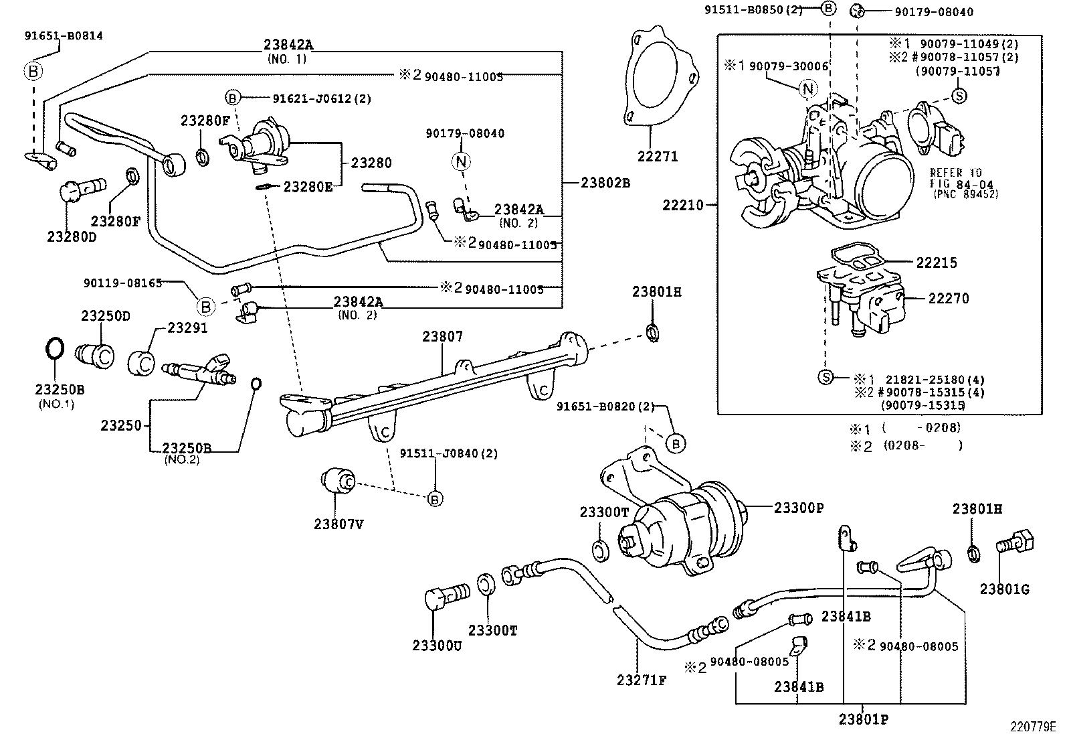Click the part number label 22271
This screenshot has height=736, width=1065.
[x=657, y=156]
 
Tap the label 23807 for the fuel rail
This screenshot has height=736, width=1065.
[x=442, y=337]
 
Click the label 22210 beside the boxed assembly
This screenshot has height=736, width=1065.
[x=683, y=205]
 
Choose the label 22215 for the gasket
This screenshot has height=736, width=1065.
[x=937, y=263]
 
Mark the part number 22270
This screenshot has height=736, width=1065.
[x=948, y=298]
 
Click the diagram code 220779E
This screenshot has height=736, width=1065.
[x=1032, y=726]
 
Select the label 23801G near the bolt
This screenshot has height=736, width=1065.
[x=1004, y=589]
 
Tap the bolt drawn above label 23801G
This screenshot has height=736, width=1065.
[x=1014, y=540]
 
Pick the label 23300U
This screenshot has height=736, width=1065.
[x=437, y=646]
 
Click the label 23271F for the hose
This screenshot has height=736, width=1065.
[x=642, y=680]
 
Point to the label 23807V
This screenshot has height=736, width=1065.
[x=338, y=524]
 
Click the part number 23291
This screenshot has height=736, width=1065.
[x=187, y=327]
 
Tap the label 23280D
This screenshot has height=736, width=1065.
[x=72, y=236]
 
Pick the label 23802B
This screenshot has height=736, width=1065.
[x=605, y=182]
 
